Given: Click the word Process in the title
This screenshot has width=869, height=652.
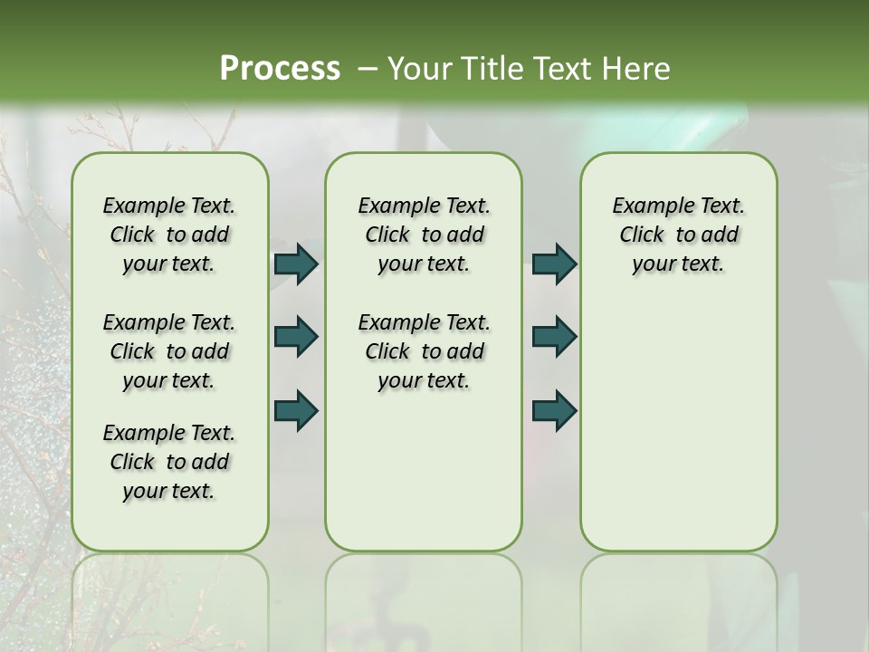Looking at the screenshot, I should click(x=280, y=68).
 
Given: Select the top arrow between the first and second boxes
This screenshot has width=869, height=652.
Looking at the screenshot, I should click(x=296, y=264).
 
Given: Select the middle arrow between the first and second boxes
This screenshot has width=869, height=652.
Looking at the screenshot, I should click(x=296, y=337).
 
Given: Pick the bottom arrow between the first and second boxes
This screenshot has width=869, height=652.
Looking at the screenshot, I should click(x=296, y=410).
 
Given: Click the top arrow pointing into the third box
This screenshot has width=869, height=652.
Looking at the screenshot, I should click(x=555, y=264).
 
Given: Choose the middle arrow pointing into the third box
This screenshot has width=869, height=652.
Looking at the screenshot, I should click(x=555, y=337).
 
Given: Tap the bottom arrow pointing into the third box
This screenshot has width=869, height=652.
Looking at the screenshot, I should click(x=555, y=410).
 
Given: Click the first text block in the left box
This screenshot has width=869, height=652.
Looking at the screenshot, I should click(x=169, y=235).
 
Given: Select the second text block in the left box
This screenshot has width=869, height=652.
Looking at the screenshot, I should click(x=169, y=351).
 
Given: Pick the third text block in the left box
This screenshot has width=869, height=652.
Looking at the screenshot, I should click(x=169, y=462).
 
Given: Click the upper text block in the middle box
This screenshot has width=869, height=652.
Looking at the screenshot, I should click(x=424, y=235).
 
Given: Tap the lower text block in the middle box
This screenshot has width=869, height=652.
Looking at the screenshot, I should click(x=424, y=351).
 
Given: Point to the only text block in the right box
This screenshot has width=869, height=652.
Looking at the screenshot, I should click(x=678, y=235).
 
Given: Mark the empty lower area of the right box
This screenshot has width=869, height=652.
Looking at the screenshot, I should click(x=678, y=426).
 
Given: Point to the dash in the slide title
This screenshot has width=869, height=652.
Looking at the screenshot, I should click(x=368, y=69).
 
